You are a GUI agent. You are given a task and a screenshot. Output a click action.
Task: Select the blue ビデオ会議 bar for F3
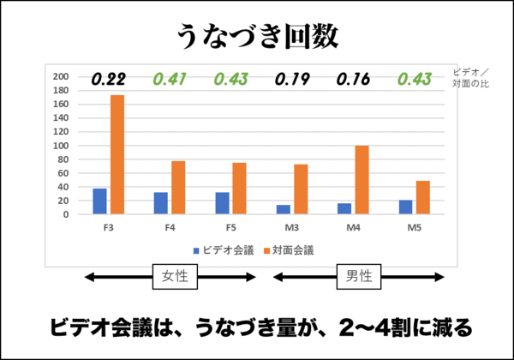[x=99, y=201]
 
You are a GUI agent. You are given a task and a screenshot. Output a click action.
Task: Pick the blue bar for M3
[x=283, y=209]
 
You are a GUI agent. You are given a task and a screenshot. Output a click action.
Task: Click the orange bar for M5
[x=423, y=197]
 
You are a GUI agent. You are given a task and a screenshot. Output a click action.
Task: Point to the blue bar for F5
[x=222, y=203]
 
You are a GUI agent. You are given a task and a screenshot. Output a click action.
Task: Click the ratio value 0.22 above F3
[x=108, y=80]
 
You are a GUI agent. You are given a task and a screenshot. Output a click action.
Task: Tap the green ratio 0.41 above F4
[x=170, y=80]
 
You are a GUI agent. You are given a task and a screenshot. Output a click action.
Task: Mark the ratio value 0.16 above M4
[x=353, y=80]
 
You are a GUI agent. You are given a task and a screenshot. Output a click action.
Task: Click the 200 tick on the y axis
[x=61, y=77]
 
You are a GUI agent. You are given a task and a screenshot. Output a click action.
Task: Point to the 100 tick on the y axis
[x=61, y=146]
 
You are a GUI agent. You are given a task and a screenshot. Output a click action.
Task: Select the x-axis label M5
[x=415, y=228]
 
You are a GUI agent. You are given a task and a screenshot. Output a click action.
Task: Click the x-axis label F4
[x=170, y=228]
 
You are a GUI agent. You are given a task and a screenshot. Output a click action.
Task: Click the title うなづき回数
[x=257, y=36]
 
